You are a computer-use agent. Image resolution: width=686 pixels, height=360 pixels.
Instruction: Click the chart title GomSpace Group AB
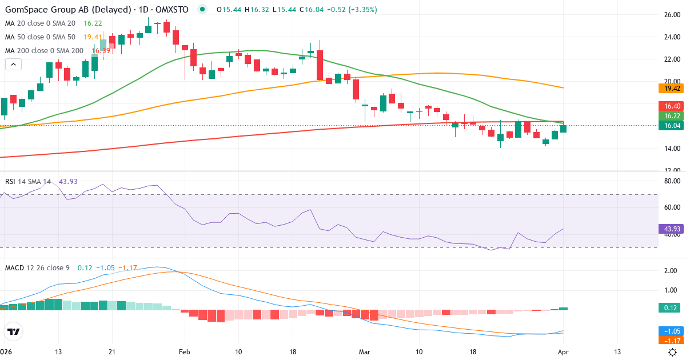51,10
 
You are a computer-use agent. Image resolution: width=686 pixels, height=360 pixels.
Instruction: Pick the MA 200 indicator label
45,50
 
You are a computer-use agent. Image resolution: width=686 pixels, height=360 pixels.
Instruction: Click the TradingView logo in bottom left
14,331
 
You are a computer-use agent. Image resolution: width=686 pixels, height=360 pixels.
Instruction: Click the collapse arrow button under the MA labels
14,64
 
